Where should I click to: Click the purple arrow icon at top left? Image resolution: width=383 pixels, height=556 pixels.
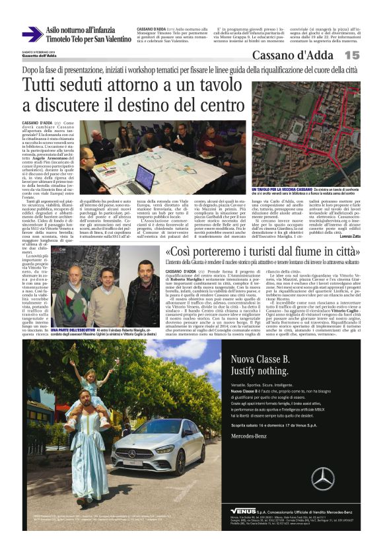[x=32, y=34]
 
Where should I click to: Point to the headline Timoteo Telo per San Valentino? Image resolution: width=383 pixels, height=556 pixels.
[x=89, y=39]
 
